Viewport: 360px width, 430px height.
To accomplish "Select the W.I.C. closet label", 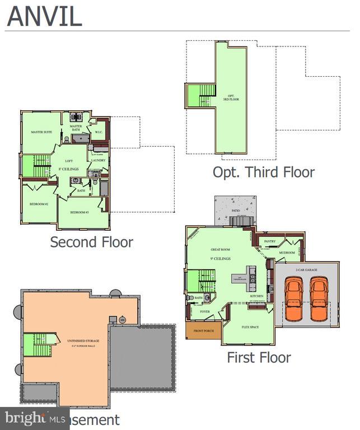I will tap(99, 133).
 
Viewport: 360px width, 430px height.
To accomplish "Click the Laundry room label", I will tap(98, 161).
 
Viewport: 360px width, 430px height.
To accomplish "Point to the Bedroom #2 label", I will tap(39, 204).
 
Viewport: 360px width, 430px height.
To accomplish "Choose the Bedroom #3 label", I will tap(80, 213).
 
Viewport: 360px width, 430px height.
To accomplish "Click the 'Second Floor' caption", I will tap(91, 242).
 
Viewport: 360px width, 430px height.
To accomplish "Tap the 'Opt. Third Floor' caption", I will tap(263, 172).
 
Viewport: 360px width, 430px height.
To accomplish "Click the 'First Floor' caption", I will tap(259, 357).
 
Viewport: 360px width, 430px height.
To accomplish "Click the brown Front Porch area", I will tap(203, 330).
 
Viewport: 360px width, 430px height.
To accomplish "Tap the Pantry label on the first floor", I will tap(270, 242).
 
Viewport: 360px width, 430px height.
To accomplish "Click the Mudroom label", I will tap(287, 253).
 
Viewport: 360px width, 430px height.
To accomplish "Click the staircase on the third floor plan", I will tap(201, 95).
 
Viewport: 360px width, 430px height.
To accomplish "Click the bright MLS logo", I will tap(33, 418).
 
